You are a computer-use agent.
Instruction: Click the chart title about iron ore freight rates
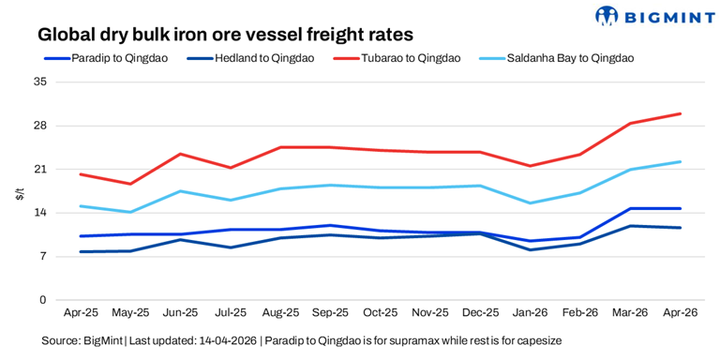225,35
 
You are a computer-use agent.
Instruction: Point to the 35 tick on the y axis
39,82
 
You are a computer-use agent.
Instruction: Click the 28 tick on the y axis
39,126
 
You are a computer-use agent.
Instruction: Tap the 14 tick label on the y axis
39,213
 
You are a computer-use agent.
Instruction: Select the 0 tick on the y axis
43,300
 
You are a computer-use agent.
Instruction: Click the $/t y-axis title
19,193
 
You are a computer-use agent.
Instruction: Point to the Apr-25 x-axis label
81,313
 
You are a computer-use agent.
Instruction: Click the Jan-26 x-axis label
531,313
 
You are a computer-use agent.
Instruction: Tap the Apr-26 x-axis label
680,313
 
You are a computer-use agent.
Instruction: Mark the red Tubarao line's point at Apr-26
680,113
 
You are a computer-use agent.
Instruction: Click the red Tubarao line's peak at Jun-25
180,154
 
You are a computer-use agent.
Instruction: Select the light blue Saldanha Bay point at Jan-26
531,202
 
